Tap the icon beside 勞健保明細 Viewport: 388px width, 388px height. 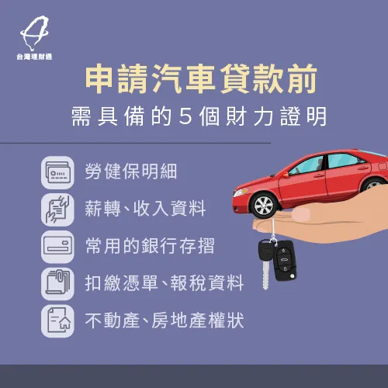pyautogui.click(x=57, y=173)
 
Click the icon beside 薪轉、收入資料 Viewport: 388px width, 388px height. pyautogui.click(x=57, y=209)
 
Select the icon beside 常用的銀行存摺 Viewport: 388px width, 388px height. pyautogui.click(x=57, y=245)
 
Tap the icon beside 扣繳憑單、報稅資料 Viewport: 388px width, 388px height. pyautogui.click(x=57, y=282)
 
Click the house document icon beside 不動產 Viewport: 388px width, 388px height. pyautogui.click(x=57, y=318)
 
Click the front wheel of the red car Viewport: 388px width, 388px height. pyautogui.click(x=264, y=206)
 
